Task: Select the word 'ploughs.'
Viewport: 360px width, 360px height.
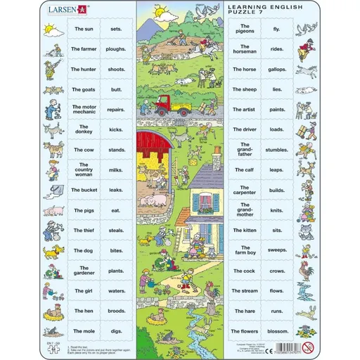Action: [x=117, y=50]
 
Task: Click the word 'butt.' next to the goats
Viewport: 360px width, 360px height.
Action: [x=117, y=89]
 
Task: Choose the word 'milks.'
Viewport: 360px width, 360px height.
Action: [x=117, y=170]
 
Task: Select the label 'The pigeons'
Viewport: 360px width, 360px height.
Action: [x=244, y=30]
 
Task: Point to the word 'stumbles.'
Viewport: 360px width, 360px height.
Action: [x=277, y=150]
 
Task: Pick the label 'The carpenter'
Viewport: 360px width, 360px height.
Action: [x=244, y=190]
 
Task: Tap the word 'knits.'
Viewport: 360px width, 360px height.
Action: [x=277, y=210]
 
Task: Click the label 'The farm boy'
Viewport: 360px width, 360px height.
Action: [x=244, y=250]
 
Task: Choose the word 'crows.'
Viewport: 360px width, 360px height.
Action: [x=277, y=270]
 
